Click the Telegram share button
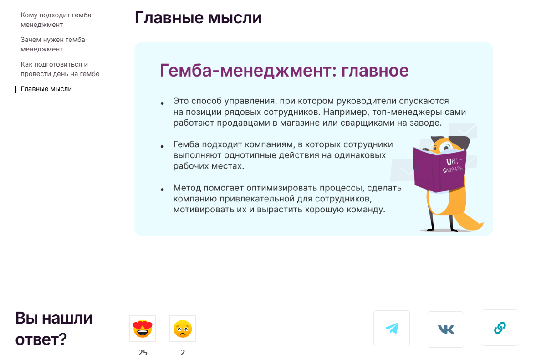[x=391, y=328]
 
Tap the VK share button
[x=446, y=329]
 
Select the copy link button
[x=500, y=328]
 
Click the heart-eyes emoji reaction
[x=143, y=329]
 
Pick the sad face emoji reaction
[x=183, y=329]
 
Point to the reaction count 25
[x=143, y=352]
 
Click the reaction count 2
[x=183, y=352]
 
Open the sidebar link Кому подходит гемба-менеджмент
[x=57, y=20]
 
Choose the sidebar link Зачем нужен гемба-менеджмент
[x=54, y=45]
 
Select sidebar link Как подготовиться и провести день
[x=60, y=69]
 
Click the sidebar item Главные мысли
[x=46, y=89]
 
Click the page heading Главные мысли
[x=198, y=18]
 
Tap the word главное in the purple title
[x=375, y=71]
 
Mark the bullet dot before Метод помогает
[x=162, y=190]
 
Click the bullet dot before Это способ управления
[x=162, y=103]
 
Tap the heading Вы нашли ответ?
[x=54, y=329]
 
